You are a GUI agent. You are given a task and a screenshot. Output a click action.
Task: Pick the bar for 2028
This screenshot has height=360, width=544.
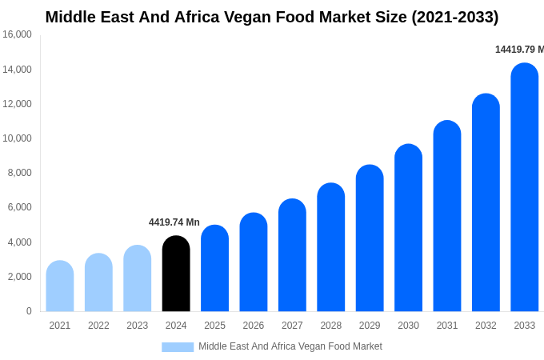point(331,247)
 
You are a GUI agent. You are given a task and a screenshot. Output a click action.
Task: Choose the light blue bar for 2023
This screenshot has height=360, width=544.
point(138,278)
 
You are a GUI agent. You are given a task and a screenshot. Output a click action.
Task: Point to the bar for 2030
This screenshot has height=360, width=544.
point(408,228)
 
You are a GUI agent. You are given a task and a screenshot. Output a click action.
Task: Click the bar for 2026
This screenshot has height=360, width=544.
point(254,262)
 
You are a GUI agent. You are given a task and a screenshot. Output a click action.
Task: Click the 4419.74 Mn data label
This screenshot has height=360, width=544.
point(174,222)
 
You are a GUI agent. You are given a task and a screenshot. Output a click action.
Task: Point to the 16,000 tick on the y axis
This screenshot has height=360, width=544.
point(18,34)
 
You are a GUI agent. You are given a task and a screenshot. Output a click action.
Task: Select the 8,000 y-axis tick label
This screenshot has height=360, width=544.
point(18,173)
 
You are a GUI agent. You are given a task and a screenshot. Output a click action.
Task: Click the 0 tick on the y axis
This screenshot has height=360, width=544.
point(29,311)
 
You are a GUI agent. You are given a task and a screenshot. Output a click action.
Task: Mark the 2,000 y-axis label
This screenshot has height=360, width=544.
point(18,277)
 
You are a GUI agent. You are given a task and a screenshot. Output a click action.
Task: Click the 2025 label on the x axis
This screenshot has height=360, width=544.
point(214,326)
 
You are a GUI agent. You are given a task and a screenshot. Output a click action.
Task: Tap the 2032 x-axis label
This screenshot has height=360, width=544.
point(486,326)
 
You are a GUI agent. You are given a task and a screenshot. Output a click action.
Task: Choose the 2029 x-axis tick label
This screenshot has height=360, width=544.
point(370,326)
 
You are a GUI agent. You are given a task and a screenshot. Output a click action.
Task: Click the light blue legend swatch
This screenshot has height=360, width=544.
point(178,347)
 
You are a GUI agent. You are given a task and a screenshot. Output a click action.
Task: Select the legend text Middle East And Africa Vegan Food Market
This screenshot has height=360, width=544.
point(290,346)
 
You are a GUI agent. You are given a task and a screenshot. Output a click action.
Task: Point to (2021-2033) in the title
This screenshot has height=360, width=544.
point(454,17)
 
